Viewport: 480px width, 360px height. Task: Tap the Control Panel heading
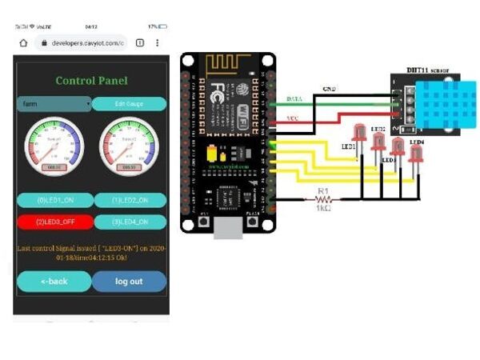coord(91,80)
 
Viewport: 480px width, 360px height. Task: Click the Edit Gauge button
coord(129,104)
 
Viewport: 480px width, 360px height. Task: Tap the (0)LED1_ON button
coord(53,200)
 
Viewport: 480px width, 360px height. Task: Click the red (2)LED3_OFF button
coord(53,222)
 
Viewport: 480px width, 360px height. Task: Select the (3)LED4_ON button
coord(130,222)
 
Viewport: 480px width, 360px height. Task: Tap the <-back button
coord(54,281)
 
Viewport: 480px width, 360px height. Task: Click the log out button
coord(129,281)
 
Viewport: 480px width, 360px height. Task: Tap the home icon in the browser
coord(24,42)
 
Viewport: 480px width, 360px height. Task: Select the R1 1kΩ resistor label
coord(324,196)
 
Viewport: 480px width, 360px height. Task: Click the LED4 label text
coord(417,142)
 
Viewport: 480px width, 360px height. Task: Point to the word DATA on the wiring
coord(294,98)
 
